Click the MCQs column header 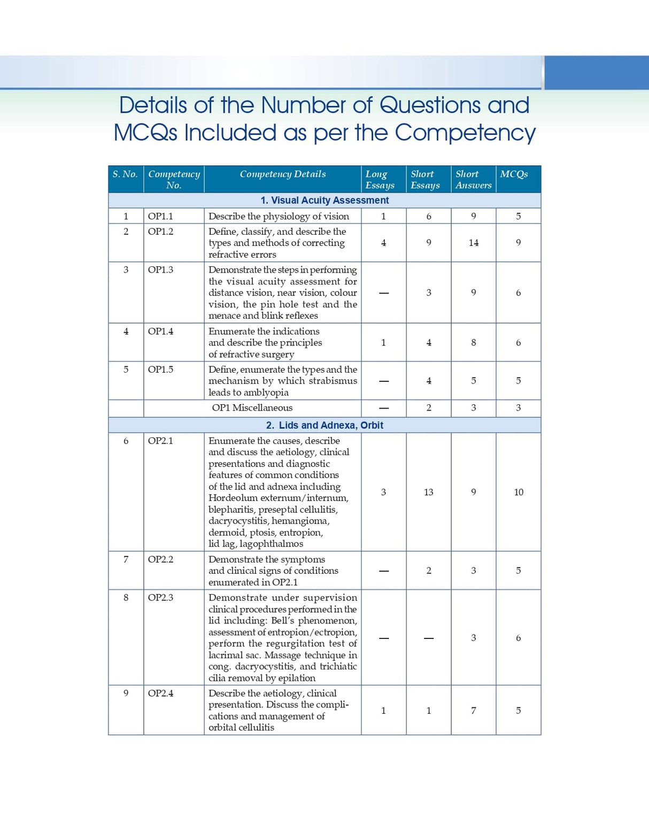pos(514,174)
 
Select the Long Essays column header pos(380,180)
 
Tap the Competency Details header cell pos(282,174)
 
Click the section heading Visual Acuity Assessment pos(324,201)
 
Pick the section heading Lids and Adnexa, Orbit pos(324,426)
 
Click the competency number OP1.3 pos(160,270)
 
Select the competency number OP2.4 pos(160,693)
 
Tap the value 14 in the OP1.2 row pos(473,243)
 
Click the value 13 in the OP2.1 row pos(428,492)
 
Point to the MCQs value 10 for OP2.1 pos(518,492)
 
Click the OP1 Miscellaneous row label pos(252,408)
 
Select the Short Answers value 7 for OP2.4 pos(473,711)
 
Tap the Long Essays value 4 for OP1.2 pos(383,243)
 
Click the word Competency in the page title pos(465,133)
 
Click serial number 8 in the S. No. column pos(126,598)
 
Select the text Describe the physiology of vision pos(279,217)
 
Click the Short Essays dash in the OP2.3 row pos(428,638)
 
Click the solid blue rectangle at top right pos(596,72)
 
